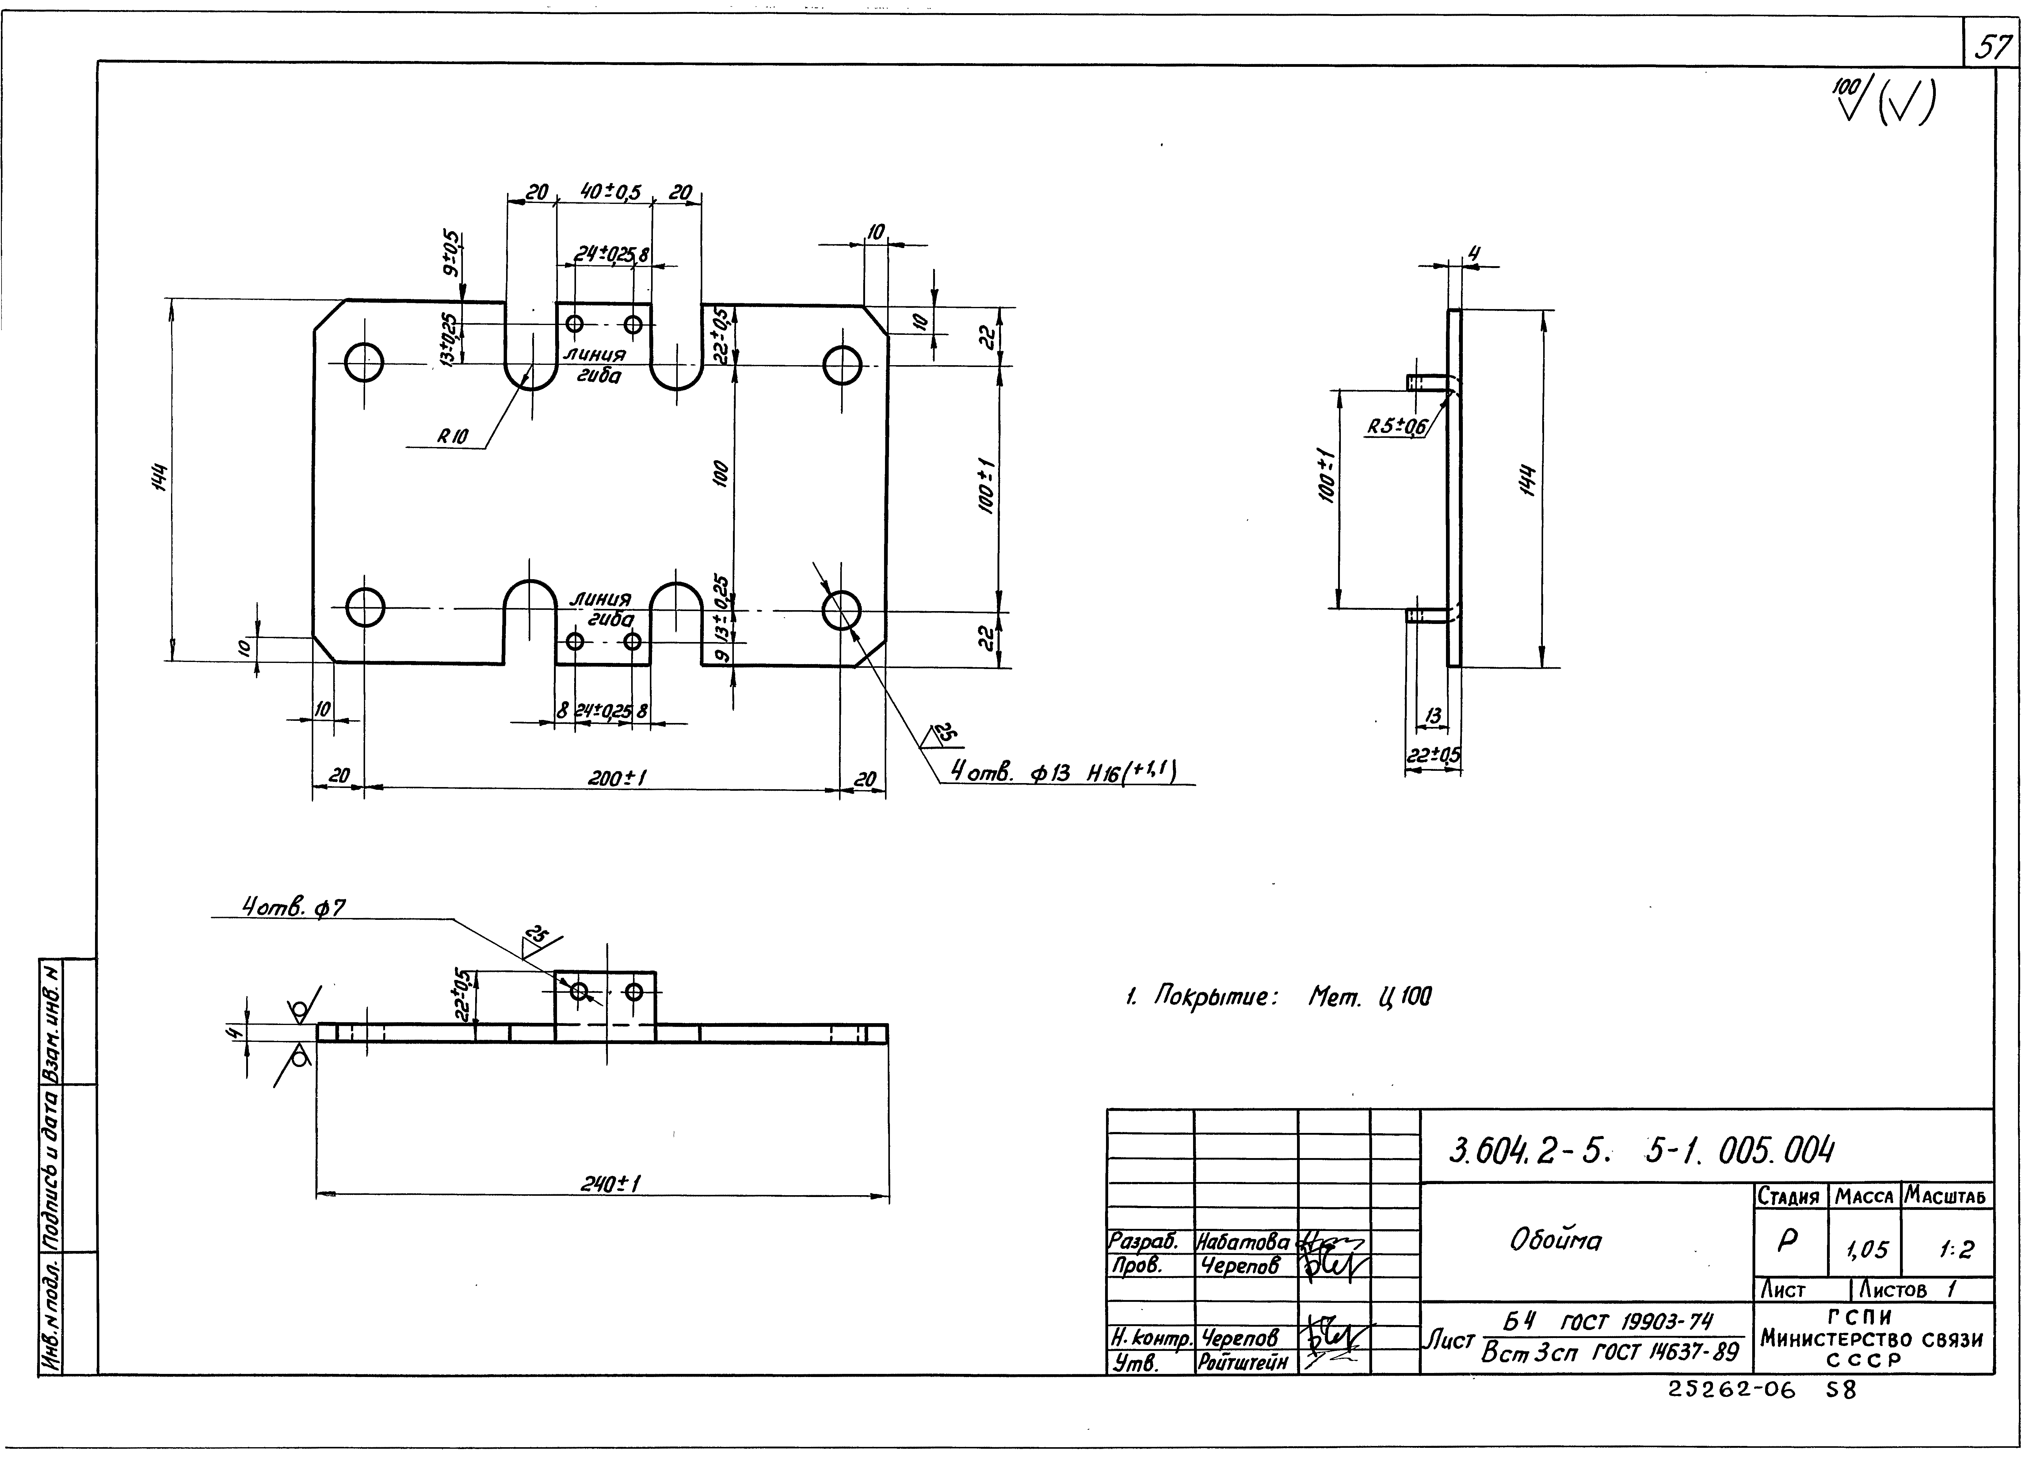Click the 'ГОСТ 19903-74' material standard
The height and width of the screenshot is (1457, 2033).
pyautogui.click(x=1636, y=1321)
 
